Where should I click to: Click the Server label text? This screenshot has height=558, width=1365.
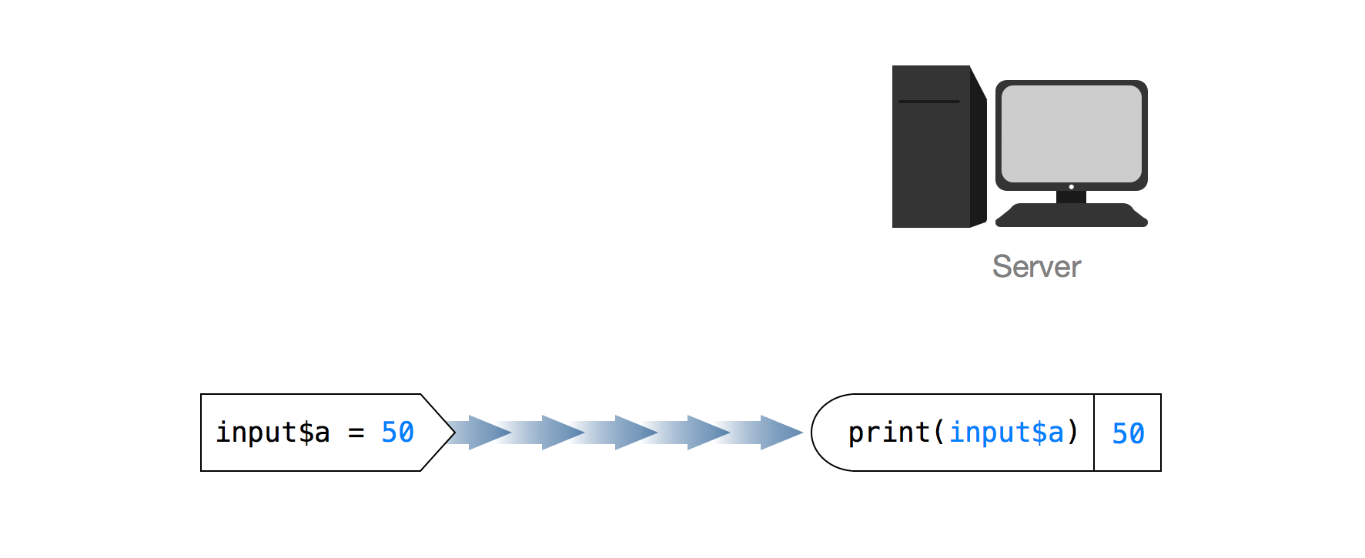tap(1036, 267)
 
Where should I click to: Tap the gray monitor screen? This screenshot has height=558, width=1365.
tap(1071, 133)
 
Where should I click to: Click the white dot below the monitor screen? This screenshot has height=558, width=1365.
tap(1071, 187)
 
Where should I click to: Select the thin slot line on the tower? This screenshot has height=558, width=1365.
tap(929, 102)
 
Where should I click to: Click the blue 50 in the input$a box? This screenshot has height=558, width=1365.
tap(397, 433)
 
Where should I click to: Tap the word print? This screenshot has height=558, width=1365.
tap(888, 433)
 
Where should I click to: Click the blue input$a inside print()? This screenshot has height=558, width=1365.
tap(1006, 433)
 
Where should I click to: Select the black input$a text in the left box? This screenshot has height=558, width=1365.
tap(273, 433)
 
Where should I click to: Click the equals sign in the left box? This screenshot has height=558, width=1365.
tap(356, 433)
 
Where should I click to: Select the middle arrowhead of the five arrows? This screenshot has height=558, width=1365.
tap(634, 433)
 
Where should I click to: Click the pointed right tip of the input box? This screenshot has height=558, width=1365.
tap(453, 433)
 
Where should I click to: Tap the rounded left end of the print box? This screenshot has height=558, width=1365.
tap(815, 433)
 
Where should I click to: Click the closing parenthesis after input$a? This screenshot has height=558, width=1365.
tap(1073, 433)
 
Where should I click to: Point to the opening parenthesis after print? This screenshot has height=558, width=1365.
tap(938, 433)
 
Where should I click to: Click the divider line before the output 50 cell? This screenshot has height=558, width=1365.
tap(1094, 433)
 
